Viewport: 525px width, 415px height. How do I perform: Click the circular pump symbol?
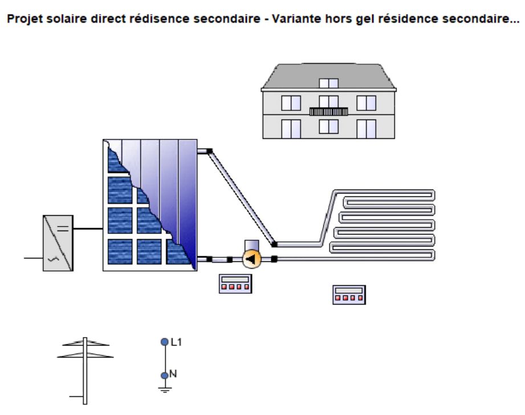click(x=252, y=259)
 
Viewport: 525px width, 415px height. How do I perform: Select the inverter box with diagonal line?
click(x=58, y=243)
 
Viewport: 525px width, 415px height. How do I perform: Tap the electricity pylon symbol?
click(x=85, y=371)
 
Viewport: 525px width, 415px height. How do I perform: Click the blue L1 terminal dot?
click(x=164, y=342)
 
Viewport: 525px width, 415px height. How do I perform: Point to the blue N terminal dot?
click(x=164, y=376)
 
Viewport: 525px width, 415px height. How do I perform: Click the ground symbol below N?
click(x=165, y=389)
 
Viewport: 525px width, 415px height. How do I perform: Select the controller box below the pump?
click(x=235, y=283)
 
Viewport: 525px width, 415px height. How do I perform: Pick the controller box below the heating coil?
click(x=349, y=295)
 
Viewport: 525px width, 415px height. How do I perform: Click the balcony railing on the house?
click(x=328, y=112)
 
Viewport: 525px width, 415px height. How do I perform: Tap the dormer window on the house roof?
click(x=328, y=83)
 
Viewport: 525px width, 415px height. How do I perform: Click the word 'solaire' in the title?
click(x=67, y=19)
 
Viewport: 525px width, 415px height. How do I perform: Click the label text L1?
click(x=176, y=342)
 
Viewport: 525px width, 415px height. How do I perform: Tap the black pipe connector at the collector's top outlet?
click(x=209, y=151)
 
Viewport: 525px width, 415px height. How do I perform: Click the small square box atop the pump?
click(x=252, y=245)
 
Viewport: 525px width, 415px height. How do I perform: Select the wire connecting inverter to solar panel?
click(x=88, y=229)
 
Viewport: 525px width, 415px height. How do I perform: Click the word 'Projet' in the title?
click(x=25, y=19)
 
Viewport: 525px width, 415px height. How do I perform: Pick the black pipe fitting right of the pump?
click(x=274, y=259)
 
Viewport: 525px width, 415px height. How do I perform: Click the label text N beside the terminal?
click(x=173, y=373)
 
